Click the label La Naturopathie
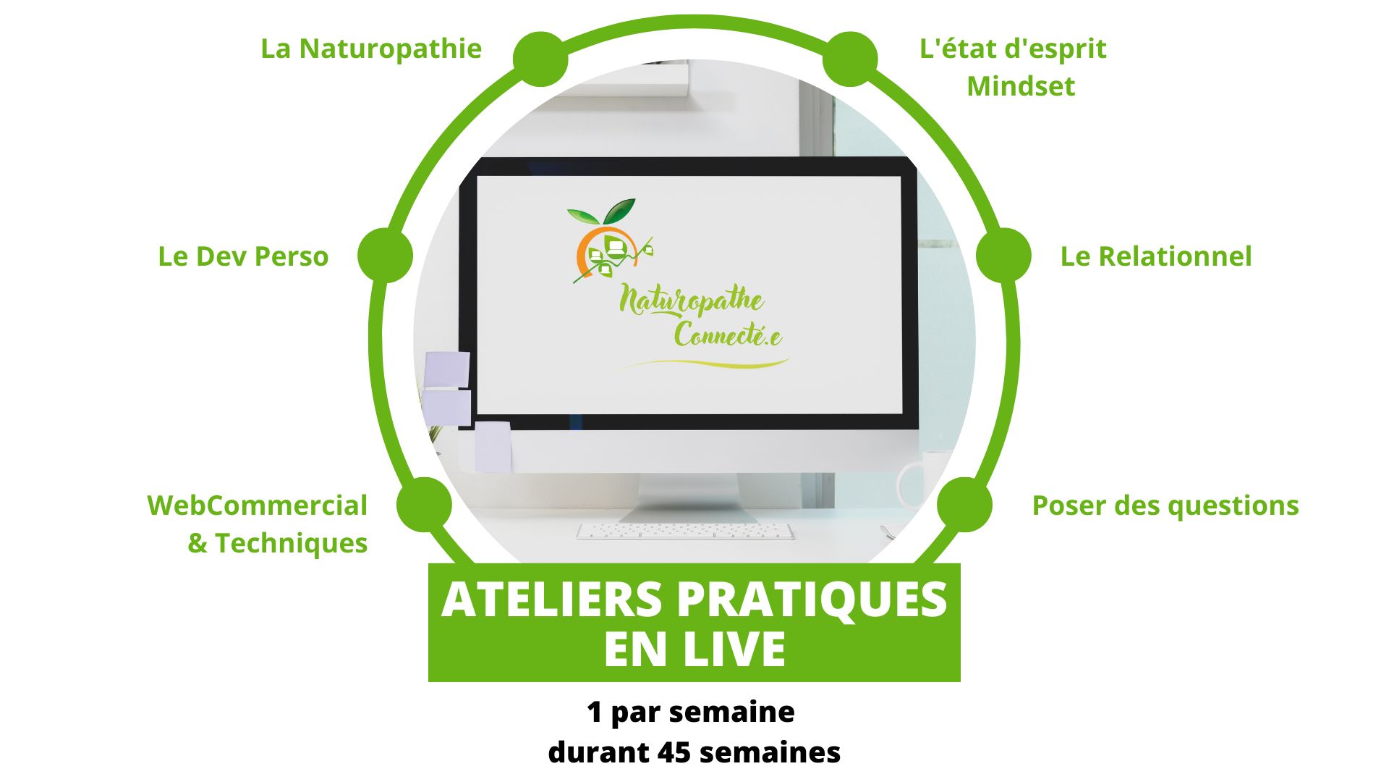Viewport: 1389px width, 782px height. point(370,49)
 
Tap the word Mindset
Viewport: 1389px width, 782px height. point(1020,86)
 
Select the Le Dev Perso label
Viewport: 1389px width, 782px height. point(243,256)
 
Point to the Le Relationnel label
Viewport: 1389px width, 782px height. point(1155,256)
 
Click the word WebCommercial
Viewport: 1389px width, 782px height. point(257,505)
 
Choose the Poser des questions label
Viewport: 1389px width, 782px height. point(1165,505)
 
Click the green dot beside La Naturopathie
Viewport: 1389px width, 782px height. point(540,59)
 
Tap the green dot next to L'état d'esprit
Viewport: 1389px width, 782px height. point(850,59)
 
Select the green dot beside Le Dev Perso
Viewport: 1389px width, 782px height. point(385,256)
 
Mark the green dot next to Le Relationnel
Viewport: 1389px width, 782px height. point(1003,256)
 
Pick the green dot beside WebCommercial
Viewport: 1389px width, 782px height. point(425,505)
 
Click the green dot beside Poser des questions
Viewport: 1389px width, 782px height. point(964,505)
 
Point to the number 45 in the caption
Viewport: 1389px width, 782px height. point(674,752)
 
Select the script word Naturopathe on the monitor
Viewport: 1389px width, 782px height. point(691,300)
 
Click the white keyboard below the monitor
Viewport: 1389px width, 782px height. point(684,531)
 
